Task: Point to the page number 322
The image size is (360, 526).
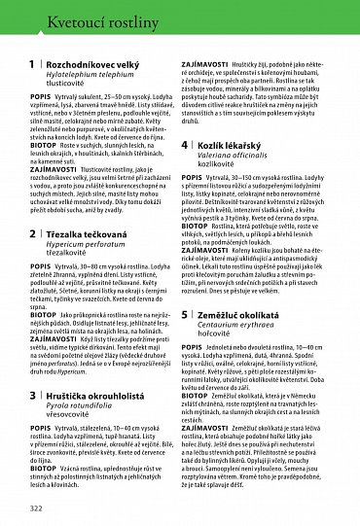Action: (x=37, y=508)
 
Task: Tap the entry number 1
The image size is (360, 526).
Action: (x=33, y=65)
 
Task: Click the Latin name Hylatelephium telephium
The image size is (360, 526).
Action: (x=102, y=75)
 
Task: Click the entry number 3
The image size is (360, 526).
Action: (x=33, y=397)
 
